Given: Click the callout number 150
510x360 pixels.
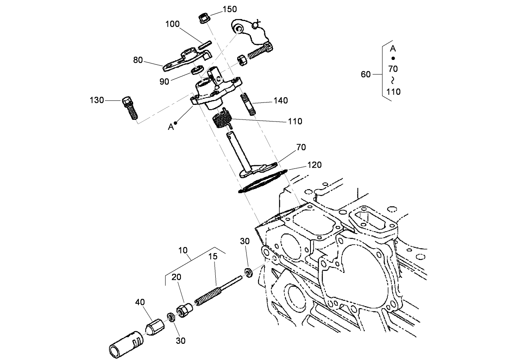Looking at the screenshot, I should [x=230, y=9].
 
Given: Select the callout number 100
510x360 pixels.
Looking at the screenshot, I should [x=172, y=24].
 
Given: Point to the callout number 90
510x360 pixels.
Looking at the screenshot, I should [x=164, y=81].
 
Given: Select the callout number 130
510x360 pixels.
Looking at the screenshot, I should [x=97, y=100].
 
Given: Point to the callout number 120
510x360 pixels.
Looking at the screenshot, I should [x=314, y=165].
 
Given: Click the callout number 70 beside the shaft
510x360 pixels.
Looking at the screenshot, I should [x=301, y=147].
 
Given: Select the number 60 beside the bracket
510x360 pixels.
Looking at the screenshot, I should [x=365, y=75].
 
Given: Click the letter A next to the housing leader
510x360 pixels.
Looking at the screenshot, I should [x=170, y=127].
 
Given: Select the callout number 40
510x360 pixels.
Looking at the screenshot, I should [x=140, y=302].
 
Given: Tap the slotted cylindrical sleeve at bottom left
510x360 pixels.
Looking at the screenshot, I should [x=125, y=343].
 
